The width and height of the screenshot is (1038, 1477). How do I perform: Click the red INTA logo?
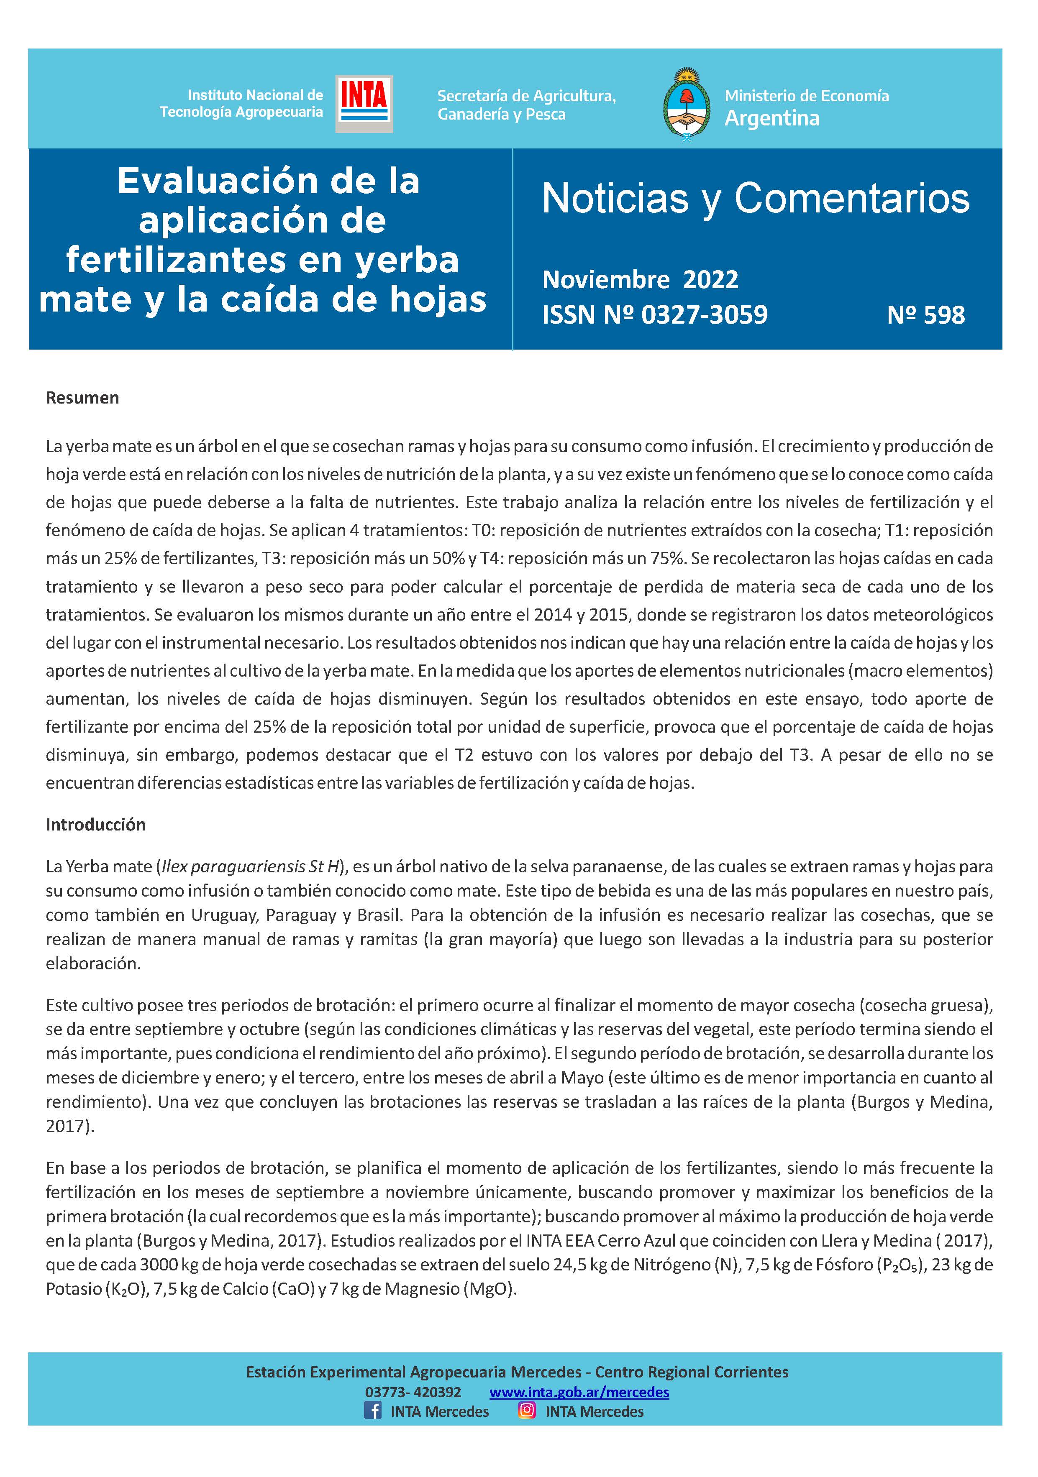click(x=364, y=103)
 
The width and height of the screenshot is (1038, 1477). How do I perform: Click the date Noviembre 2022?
click(x=640, y=279)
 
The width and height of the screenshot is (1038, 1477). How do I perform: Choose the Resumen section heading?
click(x=82, y=398)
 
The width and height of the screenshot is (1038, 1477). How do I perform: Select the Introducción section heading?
click(x=96, y=824)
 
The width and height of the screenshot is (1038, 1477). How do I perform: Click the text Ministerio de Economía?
click(x=806, y=96)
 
